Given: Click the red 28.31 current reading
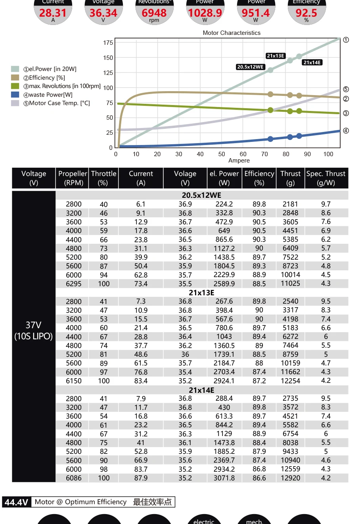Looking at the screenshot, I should coord(53,13).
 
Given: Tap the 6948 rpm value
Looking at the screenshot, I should coord(154,13).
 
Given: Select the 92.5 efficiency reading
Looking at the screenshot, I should coord(306,13).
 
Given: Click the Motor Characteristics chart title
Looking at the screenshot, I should coord(232,33).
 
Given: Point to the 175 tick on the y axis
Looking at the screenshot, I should coord(108,43).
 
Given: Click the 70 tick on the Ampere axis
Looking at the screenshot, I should coord(264,154).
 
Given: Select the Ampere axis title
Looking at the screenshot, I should coord(239,161).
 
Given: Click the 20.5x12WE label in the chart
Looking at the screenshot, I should coord(250,67).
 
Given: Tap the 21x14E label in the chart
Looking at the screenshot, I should coord(312,62).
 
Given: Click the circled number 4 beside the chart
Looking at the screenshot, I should coord(346,131).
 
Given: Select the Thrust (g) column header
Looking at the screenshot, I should coord(290,178).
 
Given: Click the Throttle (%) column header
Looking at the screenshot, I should coord(103,178).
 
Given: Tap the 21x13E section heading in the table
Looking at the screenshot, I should coord(201,293).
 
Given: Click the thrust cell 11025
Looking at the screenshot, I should coord(290,283).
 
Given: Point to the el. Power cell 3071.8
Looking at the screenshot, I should coord(224,478).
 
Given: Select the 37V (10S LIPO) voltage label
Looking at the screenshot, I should coord(34,331).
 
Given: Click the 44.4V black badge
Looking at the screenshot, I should coord(17,502).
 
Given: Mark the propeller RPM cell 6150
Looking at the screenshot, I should coord(74,381).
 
